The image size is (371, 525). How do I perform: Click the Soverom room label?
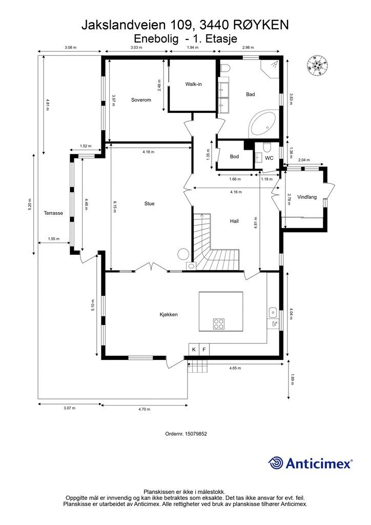pyautogui.click(x=141, y=100)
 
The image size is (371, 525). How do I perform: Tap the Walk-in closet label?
pyautogui.click(x=193, y=84)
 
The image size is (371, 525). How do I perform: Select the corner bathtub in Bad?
pyautogui.click(x=263, y=124)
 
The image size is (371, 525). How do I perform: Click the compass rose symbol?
pyautogui.click(x=317, y=65)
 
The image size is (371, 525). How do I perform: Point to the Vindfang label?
pyautogui.click(x=307, y=197)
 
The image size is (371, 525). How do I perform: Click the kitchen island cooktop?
pyautogui.click(x=219, y=324)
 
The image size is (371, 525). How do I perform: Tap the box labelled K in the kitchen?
pyautogui.click(x=194, y=350)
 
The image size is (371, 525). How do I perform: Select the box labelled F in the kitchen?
pyautogui.click(x=204, y=350)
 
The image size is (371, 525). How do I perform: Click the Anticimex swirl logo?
pyautogui.click(x=276, y=463)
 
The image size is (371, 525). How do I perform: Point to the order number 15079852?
pyautogui.click(x=186, y=434)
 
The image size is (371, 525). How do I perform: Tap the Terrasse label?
pyautogui.click(x=53, y=213)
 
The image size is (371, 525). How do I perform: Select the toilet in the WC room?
pyautogui.click(x=267, y=147)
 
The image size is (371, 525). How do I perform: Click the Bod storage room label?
pyautogui.click(x=235, y=156)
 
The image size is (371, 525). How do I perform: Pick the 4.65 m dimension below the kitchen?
pyautogui.click(x=235, y=368)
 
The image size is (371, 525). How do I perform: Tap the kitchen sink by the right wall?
pyautogui.click(x=273, y=313)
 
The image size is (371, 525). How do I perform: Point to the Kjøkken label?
pyautogui.click(x=169, y=314)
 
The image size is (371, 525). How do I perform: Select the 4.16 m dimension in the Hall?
pyautogui.click(x=236, y=192)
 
